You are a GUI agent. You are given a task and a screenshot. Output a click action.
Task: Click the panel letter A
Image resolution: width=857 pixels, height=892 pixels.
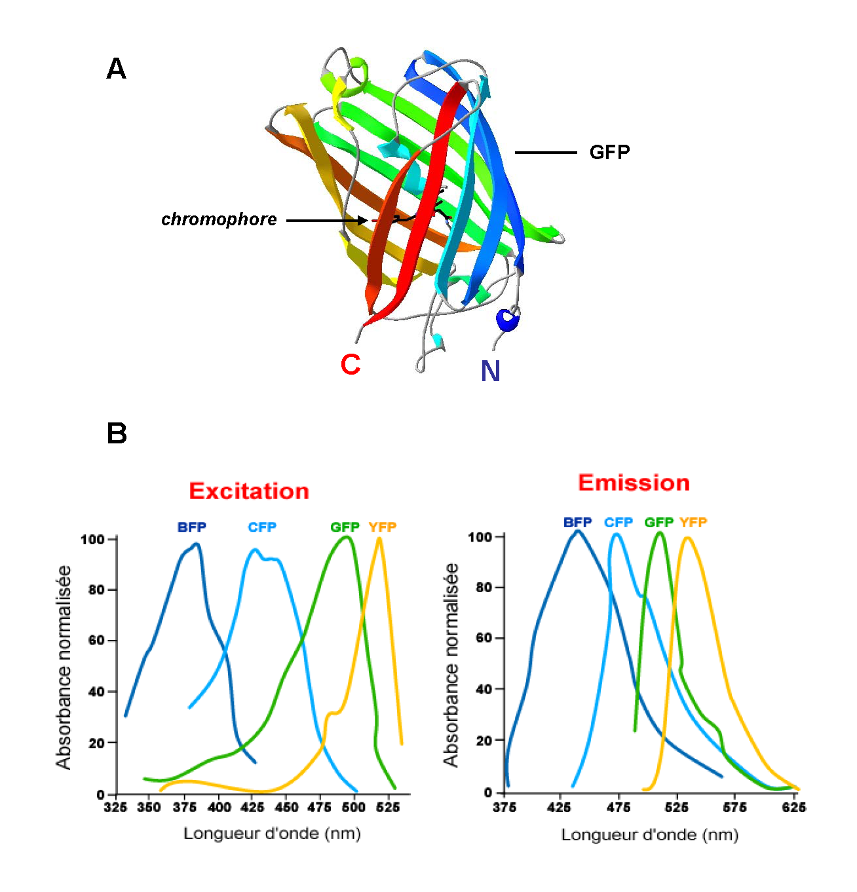pyautogui.click(x=116, y=69)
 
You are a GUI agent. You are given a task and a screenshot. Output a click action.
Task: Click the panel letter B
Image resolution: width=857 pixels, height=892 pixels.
pyautogui.click(x=117, y=434)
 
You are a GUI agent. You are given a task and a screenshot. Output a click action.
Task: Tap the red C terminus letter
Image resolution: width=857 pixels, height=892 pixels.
pyautogui.click(x=351, y=365)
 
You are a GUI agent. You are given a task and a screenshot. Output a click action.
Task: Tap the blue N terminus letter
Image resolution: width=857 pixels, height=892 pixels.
pyautogui.click(x=490, y=372)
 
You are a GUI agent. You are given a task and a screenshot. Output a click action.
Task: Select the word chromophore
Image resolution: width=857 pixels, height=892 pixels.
pyautogui.click(x=219, y=219)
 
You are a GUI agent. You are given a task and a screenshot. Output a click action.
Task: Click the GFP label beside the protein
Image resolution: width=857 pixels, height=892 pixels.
pyautogui.click(x=609, y=153)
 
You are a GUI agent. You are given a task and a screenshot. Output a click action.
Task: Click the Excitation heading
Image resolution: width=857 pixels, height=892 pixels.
pyautogui.click(x=249, y=491)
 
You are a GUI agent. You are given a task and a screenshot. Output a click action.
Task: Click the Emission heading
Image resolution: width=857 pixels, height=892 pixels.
pyautogui.click(x=634, y=483)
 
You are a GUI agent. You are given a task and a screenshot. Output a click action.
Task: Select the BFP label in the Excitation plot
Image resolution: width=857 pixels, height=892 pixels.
pyautogui.click(x=191, y=527)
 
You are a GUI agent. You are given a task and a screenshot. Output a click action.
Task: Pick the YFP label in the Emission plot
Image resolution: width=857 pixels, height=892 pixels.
pyautogui.click(x=693, y=523)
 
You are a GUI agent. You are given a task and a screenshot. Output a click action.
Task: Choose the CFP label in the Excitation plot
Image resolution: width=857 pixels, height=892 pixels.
pyautogui.click(x=262, y=527)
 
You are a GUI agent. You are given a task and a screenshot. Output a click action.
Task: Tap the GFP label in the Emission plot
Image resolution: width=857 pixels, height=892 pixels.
pyautogui.click(x=658, y=523)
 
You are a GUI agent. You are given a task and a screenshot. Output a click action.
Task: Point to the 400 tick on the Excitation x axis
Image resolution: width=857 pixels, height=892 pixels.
pyautogui.click(x=219, y=808)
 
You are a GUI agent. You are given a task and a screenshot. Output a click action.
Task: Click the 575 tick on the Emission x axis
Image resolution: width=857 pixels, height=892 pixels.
pyautogui.click(x=734, y=808)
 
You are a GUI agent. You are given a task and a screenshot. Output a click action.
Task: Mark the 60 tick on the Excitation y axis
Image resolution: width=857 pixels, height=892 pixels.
pyautogui.click(x=97, y=641)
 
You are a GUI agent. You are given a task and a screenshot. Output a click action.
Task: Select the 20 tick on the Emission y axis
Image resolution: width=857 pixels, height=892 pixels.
pyautogui.click(x=484, y=741)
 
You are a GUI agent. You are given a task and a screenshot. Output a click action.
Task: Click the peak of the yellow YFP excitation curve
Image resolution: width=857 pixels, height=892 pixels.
pyautogui.click(x=379, y=538)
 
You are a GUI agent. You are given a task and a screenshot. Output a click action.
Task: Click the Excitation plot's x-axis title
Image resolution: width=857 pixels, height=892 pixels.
pyautogui.click(x=272, y=834)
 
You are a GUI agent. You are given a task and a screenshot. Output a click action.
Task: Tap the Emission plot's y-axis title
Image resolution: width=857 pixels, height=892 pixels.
pyautogui.click(x=451, y=665)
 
